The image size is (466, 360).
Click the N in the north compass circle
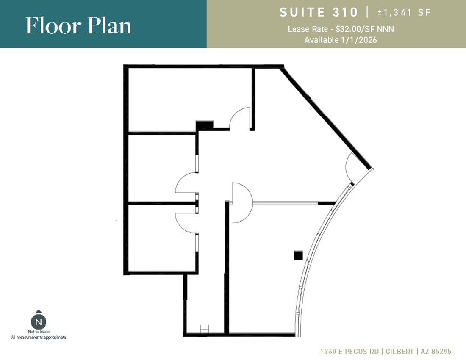(38, 322)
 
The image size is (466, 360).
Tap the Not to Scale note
(38, 332)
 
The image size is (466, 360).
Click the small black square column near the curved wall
(298, 255)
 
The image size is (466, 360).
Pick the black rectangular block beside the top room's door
(204, 125)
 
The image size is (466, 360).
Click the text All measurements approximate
(38, 337)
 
